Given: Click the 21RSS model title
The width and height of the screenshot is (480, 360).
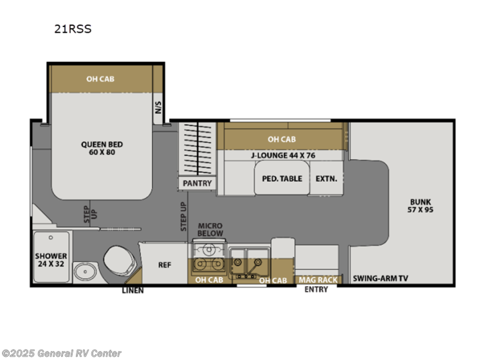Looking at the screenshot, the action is (x=73, y=29).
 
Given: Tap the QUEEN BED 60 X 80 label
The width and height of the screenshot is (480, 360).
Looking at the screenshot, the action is (x=102, y=148).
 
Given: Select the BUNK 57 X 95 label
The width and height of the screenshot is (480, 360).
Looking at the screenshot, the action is (x=420, y=206).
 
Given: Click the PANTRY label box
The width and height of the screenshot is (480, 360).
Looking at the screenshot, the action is (x=197, y=183).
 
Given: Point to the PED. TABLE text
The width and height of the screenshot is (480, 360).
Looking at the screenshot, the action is (x=282, y=179).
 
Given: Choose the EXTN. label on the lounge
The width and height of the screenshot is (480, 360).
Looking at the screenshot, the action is (x=326, y=179).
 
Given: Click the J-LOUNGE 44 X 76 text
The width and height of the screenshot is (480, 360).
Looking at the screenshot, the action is (x=283, y=156).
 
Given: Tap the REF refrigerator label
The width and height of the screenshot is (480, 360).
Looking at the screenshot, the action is (x=165, y=265).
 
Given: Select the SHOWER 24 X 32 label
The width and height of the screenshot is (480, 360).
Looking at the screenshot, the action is (x=51, y=260).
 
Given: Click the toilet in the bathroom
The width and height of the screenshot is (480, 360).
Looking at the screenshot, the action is (x=120, y=260).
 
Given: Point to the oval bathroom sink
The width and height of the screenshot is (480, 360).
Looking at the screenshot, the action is (x=85, y=271).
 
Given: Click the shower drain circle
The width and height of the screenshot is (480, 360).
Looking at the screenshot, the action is (x=51, y=237).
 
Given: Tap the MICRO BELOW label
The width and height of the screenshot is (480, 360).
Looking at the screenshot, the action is (x=210, y=230).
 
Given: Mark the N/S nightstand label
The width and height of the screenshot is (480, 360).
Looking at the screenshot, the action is (x=158, y=107).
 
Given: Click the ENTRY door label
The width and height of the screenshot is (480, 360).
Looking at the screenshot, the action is (x=316, y=289).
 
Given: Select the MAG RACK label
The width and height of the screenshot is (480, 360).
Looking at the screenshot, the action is (x=318, y=280).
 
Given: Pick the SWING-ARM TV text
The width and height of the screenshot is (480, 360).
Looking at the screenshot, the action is (x=380, y=278).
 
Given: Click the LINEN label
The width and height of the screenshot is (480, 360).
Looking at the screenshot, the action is (x=133, y=291).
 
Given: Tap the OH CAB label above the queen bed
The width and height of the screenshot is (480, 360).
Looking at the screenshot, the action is (x=100, y=79).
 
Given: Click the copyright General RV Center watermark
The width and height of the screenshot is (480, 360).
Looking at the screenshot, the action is (x=61, y=354).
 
